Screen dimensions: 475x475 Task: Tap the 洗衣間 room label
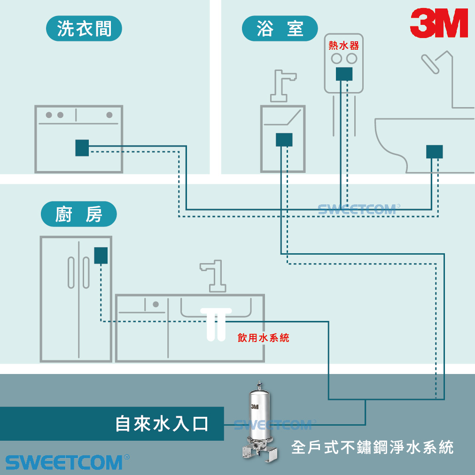(x=84, y=29)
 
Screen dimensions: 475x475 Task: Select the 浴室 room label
(x=280, y=29)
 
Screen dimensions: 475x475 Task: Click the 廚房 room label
(x=78, y=215)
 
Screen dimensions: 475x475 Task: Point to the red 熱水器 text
(x=344, y=46)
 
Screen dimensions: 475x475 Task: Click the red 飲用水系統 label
(x=263, y=337)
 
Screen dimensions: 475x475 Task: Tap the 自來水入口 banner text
(x=162, y=424)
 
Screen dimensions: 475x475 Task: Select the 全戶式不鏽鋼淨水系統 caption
(x=372, y=447)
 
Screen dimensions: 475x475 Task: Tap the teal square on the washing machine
(x=82, y=148)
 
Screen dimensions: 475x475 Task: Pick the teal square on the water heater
(x=344, y=74)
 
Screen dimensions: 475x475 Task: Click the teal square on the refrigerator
(x=101, y=255)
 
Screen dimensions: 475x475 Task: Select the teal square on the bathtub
(x=434, y=151)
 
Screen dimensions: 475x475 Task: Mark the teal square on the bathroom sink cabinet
(x=284, y=140)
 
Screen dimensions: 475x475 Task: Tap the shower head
(x=431, y=63)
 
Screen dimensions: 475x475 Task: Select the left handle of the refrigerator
(x=71, y=272)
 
